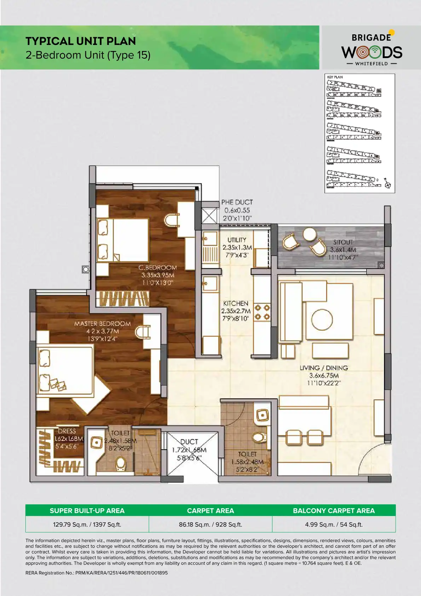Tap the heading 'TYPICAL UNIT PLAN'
coord(81,41)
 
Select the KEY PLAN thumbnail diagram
coord(359,133)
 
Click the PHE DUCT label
coord(237,202)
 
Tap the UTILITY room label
coord(237,240)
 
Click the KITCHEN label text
coord(236,303)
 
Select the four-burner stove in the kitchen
coord(262,312)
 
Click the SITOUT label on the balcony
coord(343,242)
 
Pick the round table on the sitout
coord(310,234)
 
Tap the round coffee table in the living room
coord(322,319)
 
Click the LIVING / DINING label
coord(324,368)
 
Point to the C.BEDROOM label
coord(157,268)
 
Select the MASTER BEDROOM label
coord(102,324)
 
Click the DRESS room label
coord(67,431)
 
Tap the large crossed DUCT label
coord(189,442)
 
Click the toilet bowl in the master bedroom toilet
coord(121,463)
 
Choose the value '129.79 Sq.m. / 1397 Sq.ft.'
coord(87,524)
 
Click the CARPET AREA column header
coord(210,511)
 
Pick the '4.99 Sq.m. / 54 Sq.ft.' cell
coord(334,524)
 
